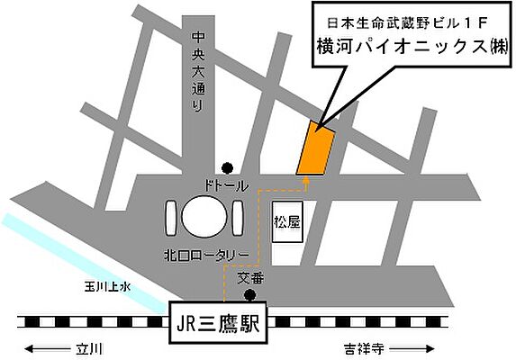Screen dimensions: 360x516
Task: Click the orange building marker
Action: coord(314,148)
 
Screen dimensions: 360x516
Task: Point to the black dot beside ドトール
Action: coord(227,166)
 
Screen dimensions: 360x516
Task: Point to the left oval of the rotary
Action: coord(170,218)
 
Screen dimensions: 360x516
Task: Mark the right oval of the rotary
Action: coord(238,218)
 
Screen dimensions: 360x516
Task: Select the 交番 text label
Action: coord(249,279)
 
